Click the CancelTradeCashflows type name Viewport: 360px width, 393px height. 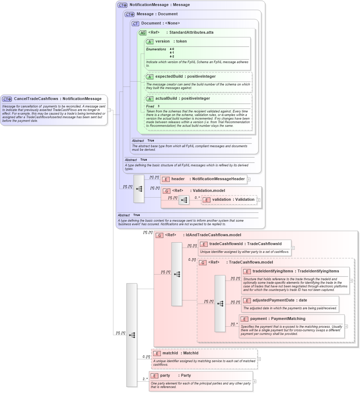pyautogui.click(x=57, y=99)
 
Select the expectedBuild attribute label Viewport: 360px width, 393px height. pyautogui.click(x=185, y=77)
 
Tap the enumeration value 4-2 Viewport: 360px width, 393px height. pyautogui.click(x=172, y=56)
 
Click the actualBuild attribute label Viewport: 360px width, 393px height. pyautogui.click(x=182, y=99)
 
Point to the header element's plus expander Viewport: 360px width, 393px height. pyautogui.click(x=249, y=179)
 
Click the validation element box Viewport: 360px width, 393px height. pyautogui.click(x=229, y=200)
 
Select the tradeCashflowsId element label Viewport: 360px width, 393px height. pyautogui.click(x=245, y=244)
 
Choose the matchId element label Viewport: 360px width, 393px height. pyautogui.click(x=180, y=353)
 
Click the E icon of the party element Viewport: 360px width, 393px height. pyautogui.click(x=154, y=376)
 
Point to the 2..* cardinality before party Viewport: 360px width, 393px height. pyautogui.click(x=145, y=379)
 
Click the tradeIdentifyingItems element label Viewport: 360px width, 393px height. pyautogui.click(x=296, y=271)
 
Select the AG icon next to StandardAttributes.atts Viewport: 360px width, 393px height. pyautogui.click(x=142, y=33)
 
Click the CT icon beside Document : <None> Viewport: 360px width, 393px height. pyautogui.click(x=135, y=24)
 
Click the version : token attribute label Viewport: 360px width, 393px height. pyautogui.click(x=171, y=41)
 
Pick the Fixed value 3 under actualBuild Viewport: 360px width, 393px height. pyautogui.click(x=159, y=106)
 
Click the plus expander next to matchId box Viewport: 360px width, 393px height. pyautogui.click(x=259, y=359)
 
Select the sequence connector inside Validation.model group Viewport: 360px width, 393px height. pyautogui.click(x=184, y=200)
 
